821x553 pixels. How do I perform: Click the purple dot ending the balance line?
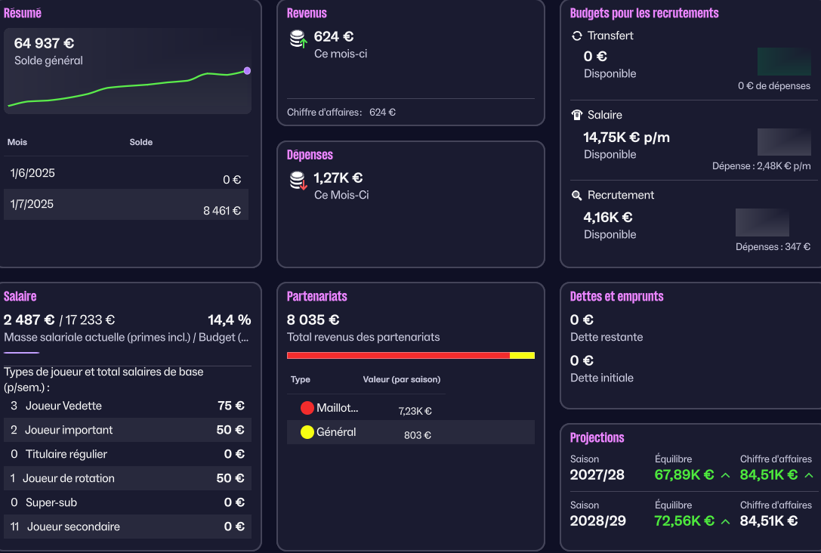(247, 71)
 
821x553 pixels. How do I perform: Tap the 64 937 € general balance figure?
(44, 43)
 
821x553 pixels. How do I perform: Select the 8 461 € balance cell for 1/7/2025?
(221, 211)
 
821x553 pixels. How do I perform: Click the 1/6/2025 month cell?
(32, 173)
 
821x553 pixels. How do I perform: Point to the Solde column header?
(140, 142)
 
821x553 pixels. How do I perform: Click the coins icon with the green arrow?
(299, 39)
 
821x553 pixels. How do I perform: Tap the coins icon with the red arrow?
(299, 181)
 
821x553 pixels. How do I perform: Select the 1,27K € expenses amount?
(338, 178)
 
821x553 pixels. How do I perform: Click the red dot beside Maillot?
(307, 409)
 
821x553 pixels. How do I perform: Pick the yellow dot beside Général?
(307, 433)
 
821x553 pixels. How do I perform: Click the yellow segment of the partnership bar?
(522, 355)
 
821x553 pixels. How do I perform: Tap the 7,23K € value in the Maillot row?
(415, 411)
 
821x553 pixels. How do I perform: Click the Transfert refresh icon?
(577, 36)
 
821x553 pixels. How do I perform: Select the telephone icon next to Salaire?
(577, 115)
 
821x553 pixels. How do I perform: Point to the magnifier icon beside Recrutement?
(577, 195)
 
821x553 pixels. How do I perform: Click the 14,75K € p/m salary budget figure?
(626, 137)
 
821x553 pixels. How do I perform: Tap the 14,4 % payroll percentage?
(230, 320)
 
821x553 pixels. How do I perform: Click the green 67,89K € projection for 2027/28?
(684, 474)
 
